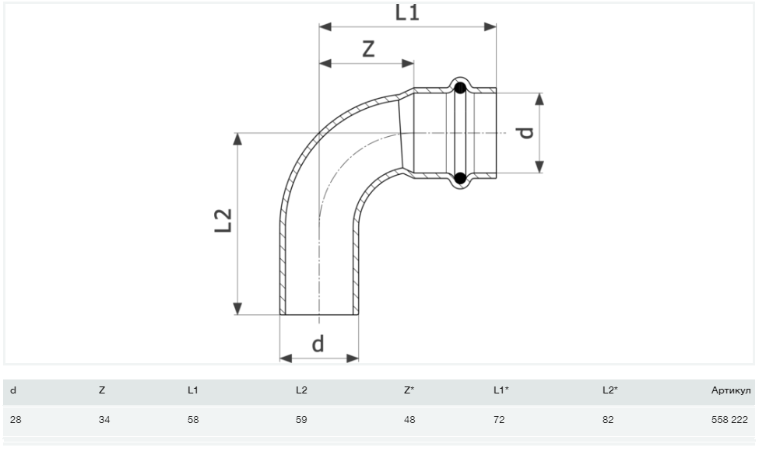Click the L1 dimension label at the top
[407, 12]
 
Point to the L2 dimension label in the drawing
[223, 220]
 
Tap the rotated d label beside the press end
[527, 132]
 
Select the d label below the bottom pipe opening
[318, 343]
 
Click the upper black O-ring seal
[460, 88]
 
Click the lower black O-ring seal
[460, 178]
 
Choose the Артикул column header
[732, 390]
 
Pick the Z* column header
[409, 390]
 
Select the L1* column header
[501, 390]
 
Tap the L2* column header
[610, 390]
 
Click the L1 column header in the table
[193, 390]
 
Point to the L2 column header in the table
[301, 390]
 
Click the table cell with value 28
[15, 420]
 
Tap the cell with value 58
[193, 420]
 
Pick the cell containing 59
[301, 420]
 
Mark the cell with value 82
[608, 420]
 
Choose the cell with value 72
[499, 420]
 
